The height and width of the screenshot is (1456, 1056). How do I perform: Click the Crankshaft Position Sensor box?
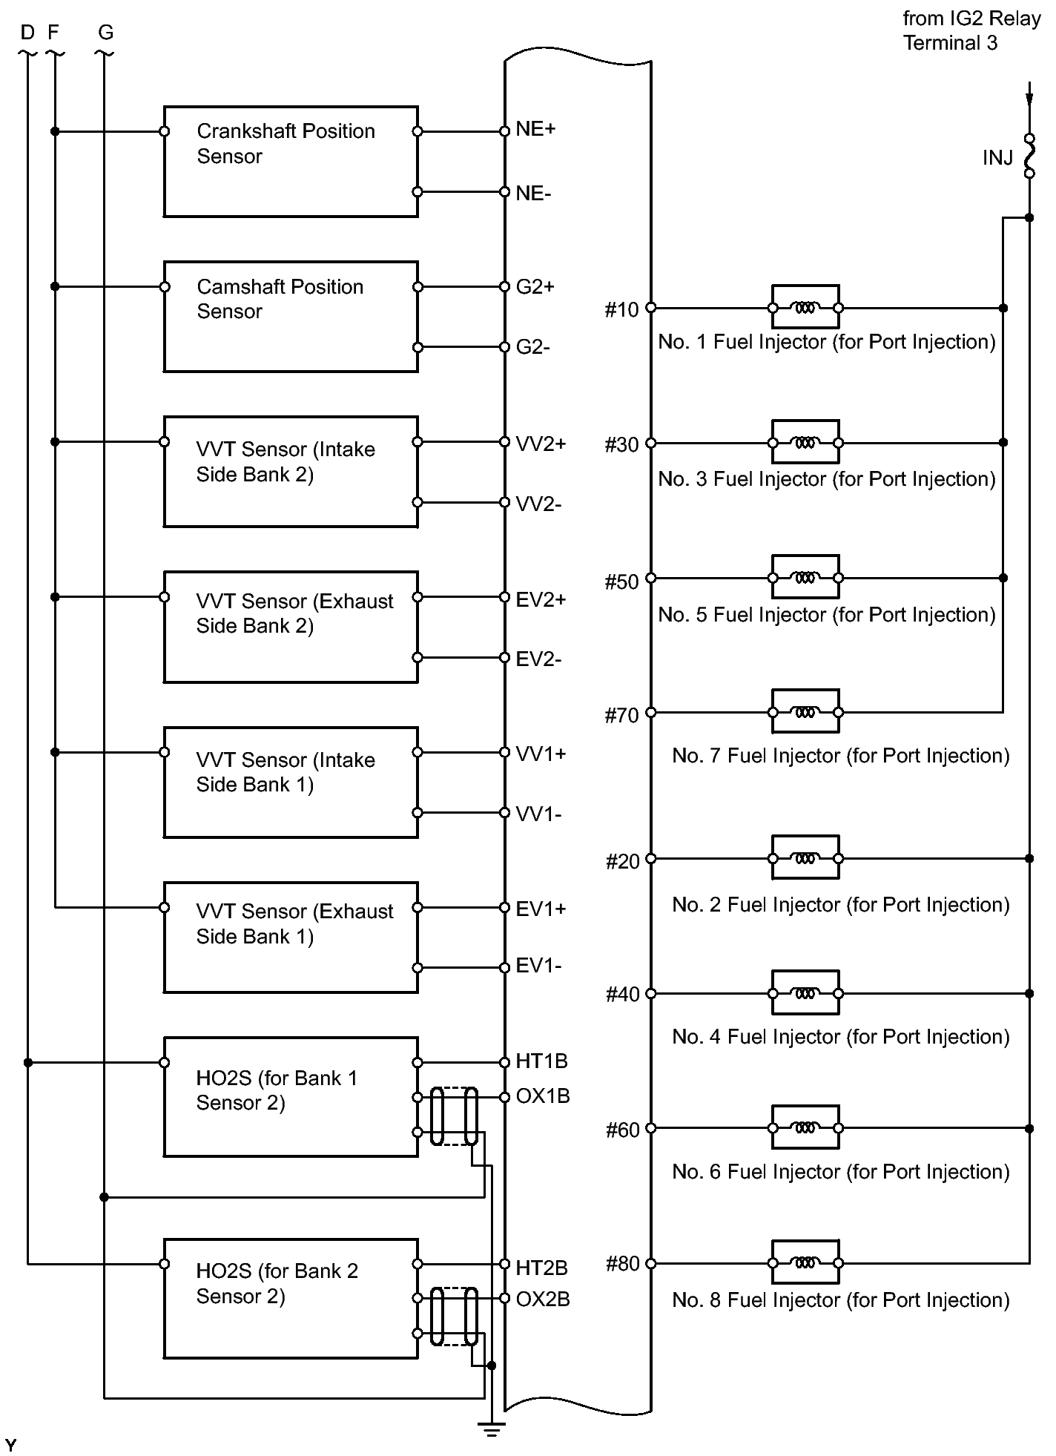[x=290, y=162]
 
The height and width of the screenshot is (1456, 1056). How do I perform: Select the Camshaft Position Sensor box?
[x=290, y=317]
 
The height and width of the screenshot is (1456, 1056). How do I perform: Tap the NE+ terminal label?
[x=535, y=129]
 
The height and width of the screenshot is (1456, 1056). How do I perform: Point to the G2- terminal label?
[x=532, y=347]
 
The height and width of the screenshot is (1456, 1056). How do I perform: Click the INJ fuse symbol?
[x=1029, y=156]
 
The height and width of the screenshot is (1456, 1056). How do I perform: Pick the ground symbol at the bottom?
[x=491, y=1428]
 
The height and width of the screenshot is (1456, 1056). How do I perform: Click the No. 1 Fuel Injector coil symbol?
[x=805, y=307]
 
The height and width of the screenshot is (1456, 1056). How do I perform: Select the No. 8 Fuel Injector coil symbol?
[x=805, y=1262]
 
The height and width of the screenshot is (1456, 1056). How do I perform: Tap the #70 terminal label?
[x=621, y=716]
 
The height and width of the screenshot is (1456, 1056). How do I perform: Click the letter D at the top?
[x=27, y=33]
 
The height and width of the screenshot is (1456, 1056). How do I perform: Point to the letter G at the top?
[x=105, y=33]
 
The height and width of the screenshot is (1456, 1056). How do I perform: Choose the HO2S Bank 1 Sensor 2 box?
[x=290, y=1096]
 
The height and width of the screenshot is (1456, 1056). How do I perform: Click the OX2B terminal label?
[x=543, y=1299]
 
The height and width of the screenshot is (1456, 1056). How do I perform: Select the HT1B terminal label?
[x=541, y=1061]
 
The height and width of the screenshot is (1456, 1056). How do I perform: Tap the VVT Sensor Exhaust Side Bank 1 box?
[x=290, y=938]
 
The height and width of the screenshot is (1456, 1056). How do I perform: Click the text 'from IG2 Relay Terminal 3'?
[x=971, y=31]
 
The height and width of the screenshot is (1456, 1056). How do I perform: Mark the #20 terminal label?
[x=621, y=862]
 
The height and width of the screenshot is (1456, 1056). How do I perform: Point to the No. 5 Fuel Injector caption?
[x=826, y=615]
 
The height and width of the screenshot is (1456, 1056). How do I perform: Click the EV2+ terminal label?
[x=541, y=600]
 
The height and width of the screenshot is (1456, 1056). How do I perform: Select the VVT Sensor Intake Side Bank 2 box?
[x=290, y=472]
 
